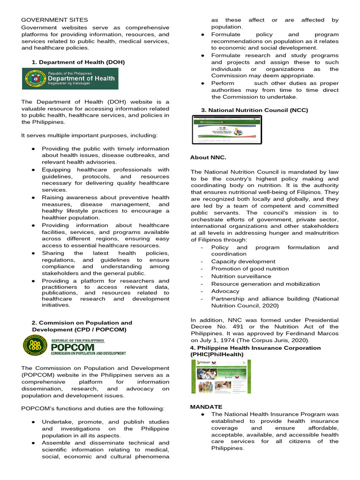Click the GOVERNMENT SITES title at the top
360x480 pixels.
(x=54, y=20)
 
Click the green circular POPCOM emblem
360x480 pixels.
(x=35, y=346)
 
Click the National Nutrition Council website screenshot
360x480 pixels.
(x=227, y=129)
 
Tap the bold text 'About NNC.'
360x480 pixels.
(x=208, y=157)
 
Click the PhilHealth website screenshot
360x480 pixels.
(x=220, y=376)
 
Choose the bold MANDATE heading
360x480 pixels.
(x=206, y=406)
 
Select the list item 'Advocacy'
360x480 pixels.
(x=225, y=291)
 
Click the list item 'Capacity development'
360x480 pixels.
(x=243, y=262)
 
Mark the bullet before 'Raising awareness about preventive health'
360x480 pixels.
(x=33, y=198)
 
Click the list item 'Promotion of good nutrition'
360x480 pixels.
(x=250, y=269)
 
